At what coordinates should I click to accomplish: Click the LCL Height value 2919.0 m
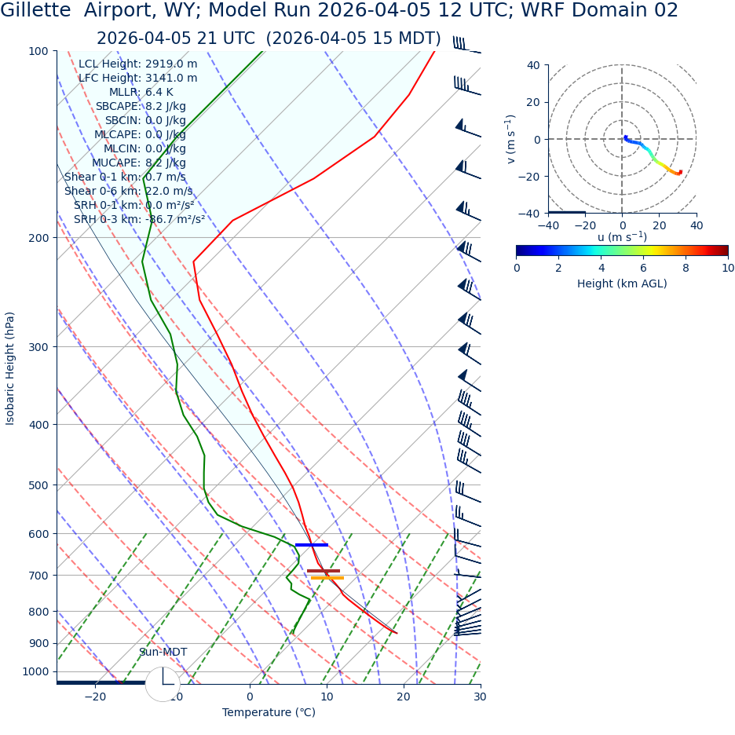pos(171,64)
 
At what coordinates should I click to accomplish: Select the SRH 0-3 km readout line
pos(139,219)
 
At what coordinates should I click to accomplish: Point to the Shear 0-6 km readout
pos(128,191)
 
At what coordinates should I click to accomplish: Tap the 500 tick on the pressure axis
pos(38,485)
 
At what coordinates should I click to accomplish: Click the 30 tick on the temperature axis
pos(480,697)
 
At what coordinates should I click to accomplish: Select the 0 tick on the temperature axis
pos(250,697)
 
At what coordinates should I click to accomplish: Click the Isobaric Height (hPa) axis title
pos(10,368)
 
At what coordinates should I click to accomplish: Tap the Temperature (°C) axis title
pos(269,712)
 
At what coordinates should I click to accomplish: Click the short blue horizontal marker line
pos(311,545)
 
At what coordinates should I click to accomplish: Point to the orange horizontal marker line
pos(327,578)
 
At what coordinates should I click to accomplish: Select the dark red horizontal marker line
pos(323,571)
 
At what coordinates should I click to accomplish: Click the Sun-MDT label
pos(163,652)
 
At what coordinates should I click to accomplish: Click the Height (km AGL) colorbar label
pos(622,283)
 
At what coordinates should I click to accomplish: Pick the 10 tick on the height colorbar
pos(728,268)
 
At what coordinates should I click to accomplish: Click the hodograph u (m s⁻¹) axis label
pos(622,237)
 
